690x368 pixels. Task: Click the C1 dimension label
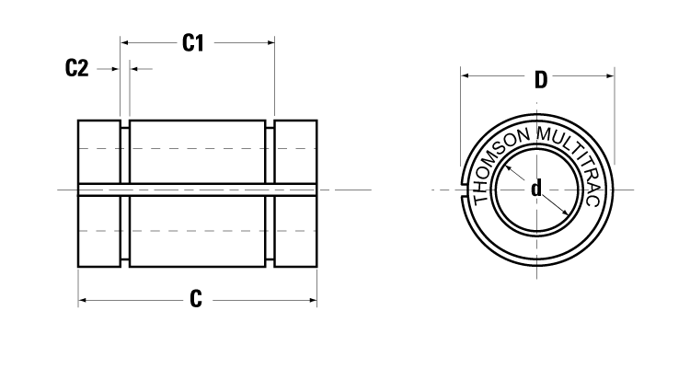(x=193, y=42)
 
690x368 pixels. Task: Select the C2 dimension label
(x=77, y=69)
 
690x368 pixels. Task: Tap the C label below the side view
(x=196, y=300)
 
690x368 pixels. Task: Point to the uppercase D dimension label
(x=541, y=79)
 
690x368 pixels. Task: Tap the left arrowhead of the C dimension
(x=83, y=300)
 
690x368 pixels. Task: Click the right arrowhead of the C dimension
(x=312, y=300)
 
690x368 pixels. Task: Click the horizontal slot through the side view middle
(x=198, y=190)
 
